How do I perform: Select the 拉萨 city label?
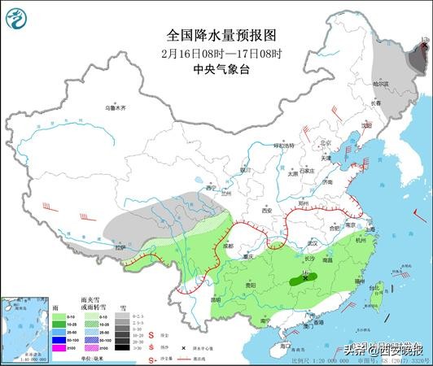pyautogui.click(x=121, y=246)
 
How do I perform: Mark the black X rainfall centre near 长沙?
pyautogui.click(x=305, y=278)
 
